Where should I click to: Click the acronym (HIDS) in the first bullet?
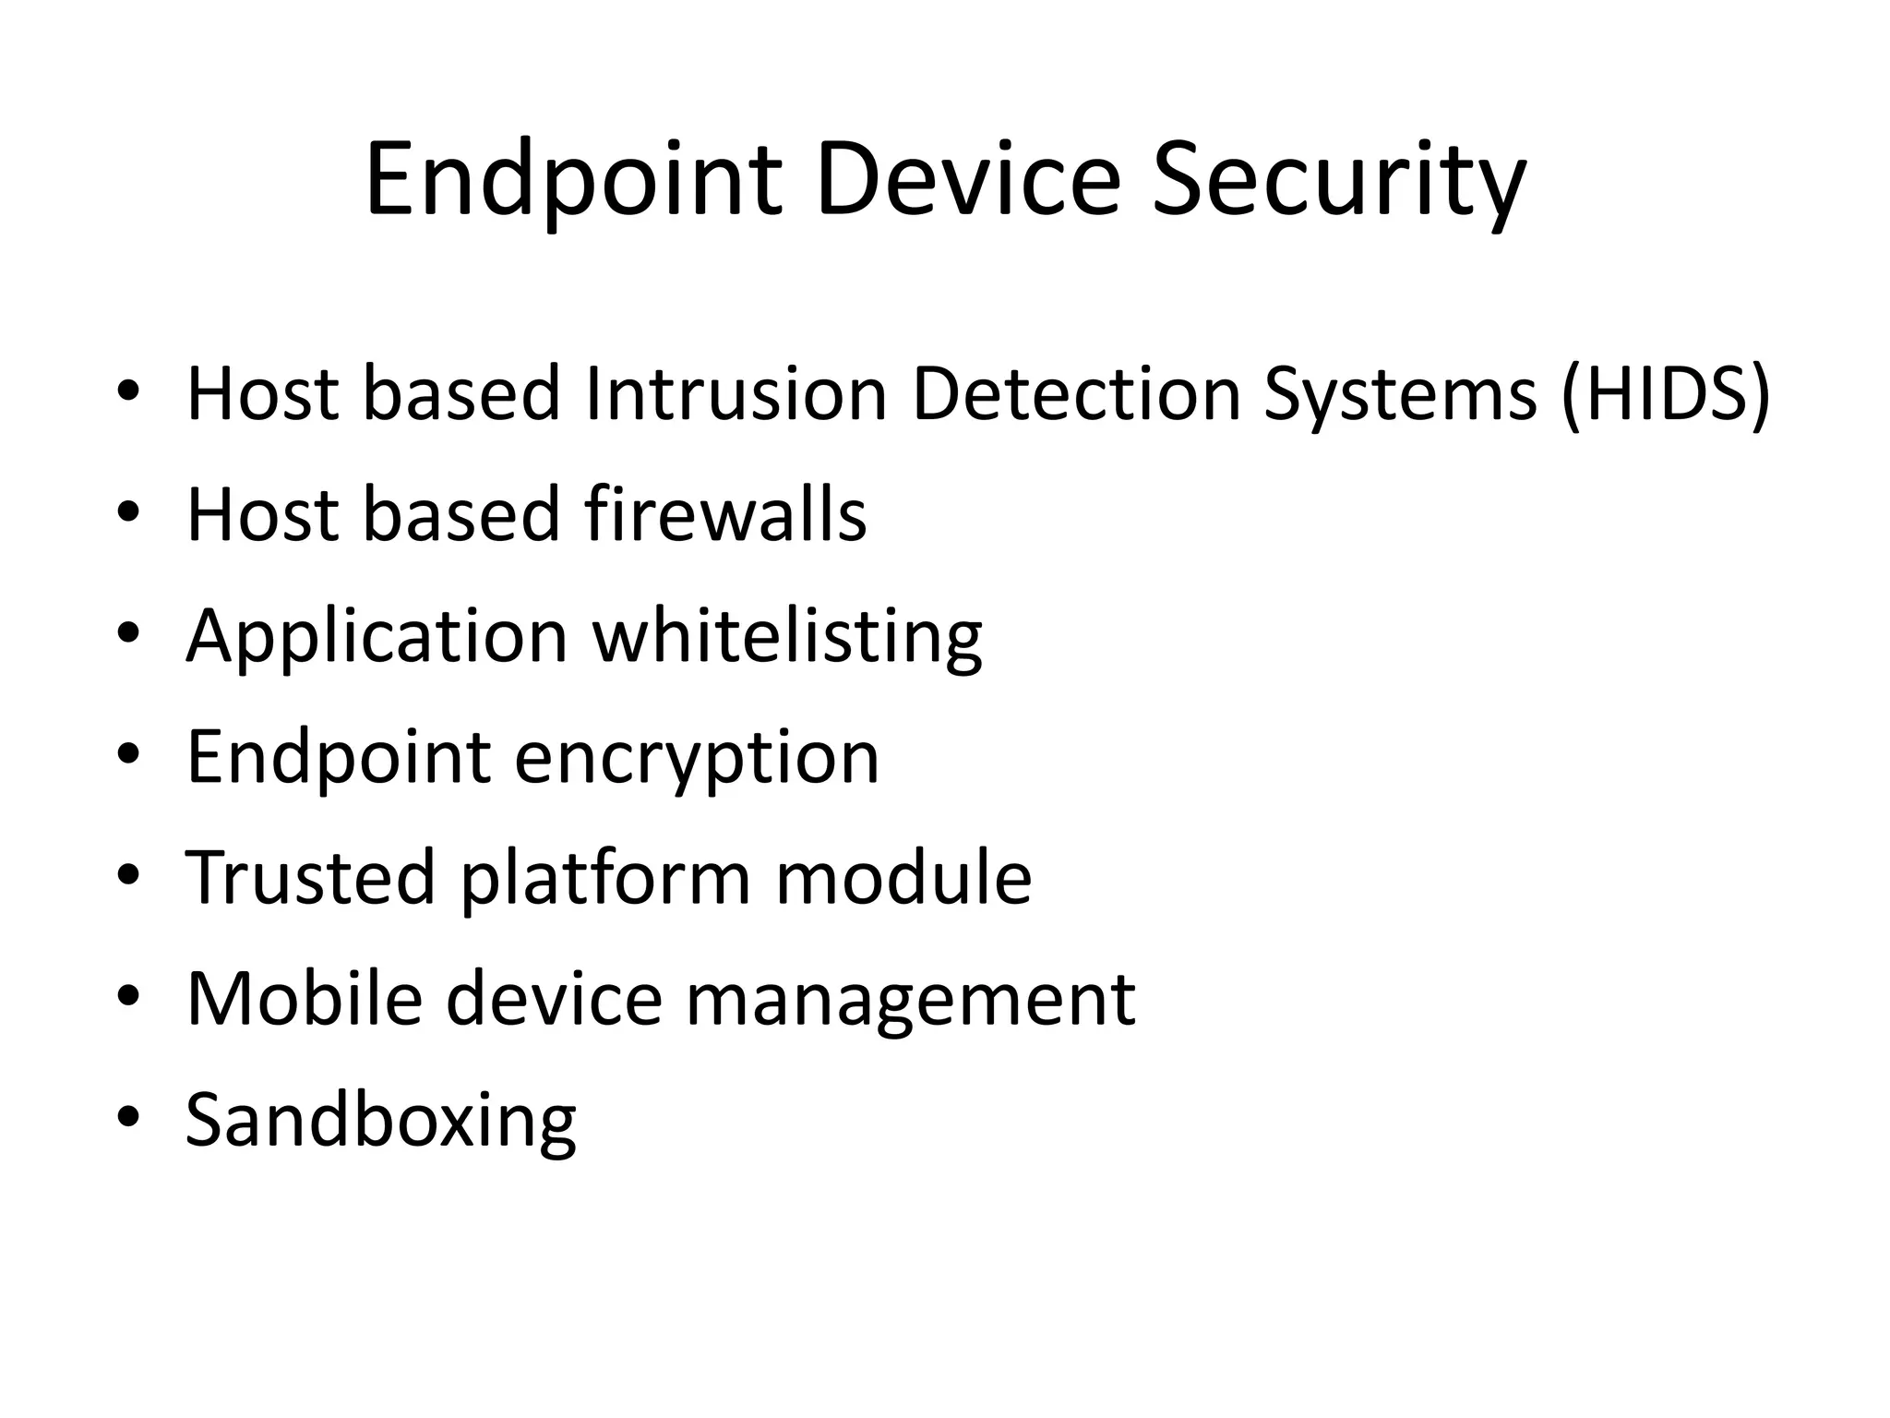click(x=1666, y=394)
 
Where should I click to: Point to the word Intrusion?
click(x=736, y=394)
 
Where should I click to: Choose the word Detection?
click(x=1076, y=394)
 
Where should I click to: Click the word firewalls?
click(x=725, y=514)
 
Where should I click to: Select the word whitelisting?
click(x=787, y=636)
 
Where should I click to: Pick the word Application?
click(x=377, y=636)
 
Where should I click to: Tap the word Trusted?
click(x=310, y=877)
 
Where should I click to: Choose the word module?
click(x=903, y=877)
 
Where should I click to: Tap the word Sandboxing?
click(x=381, y=1120)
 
